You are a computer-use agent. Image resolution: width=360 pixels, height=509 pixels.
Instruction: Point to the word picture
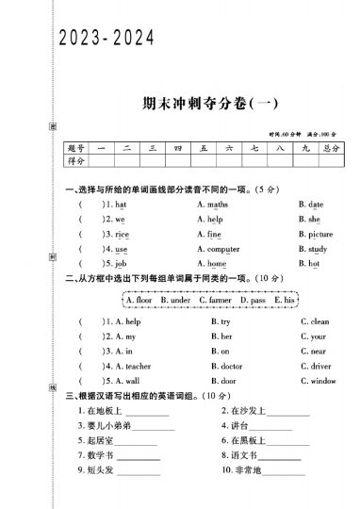[x=320, y=234]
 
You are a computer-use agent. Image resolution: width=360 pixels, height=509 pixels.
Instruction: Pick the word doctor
[x=230, y=366]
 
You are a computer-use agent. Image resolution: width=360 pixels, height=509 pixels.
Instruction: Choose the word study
[x=317, y=249]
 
